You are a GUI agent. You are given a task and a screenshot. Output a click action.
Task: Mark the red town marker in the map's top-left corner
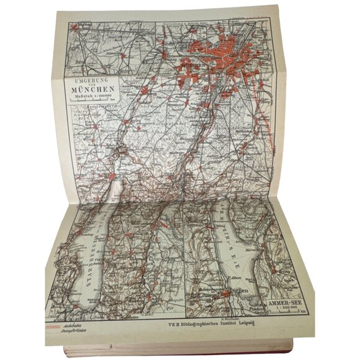(74, 27)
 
